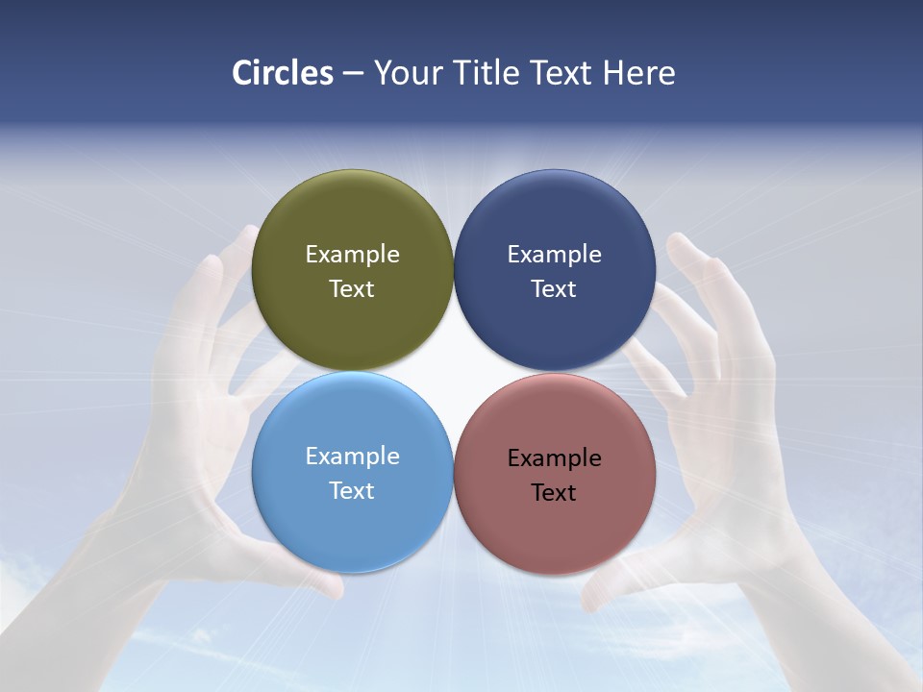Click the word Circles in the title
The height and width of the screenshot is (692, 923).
click(x=283, y=73)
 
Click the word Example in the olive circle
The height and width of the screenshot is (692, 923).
click(x=352, y=255)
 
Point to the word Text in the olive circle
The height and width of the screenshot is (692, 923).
click(x=352, y=289)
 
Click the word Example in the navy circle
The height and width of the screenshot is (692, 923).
click(x=554, y=255)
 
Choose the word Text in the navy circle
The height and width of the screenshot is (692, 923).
click(x=554, y=289)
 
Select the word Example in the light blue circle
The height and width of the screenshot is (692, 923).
click(x=352, y=457)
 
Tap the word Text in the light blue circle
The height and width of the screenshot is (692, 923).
click(x=352, y=491)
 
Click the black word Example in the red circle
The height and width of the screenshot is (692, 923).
click(x=554, y=458)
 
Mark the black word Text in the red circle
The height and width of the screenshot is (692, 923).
click(x=554, y=493)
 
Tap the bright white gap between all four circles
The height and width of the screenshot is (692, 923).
click(x=453, y=372)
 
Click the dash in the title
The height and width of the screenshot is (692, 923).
click(x=353, y=74)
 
